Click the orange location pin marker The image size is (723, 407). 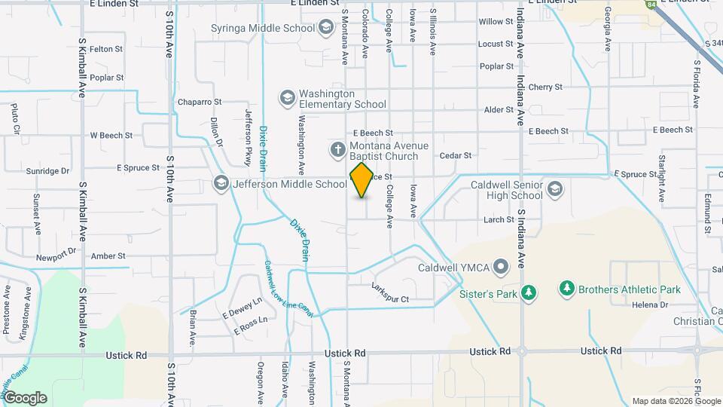coord(361,179)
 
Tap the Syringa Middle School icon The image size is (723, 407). coord(326,28)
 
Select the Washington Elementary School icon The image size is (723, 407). coord(286,98)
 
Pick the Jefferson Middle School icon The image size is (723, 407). coord(221,183)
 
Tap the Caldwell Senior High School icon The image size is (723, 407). coord(555,188)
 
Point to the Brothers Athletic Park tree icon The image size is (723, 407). coord(567,289)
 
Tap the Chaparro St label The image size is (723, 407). coord(200,102)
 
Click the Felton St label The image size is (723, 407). coord(106,49)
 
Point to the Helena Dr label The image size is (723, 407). coord(650,304)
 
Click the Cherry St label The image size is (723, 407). coord(545,87)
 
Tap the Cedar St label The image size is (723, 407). coord(455,156)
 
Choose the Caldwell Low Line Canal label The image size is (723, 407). coord(277,289)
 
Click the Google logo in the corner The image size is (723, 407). coord(25,397)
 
